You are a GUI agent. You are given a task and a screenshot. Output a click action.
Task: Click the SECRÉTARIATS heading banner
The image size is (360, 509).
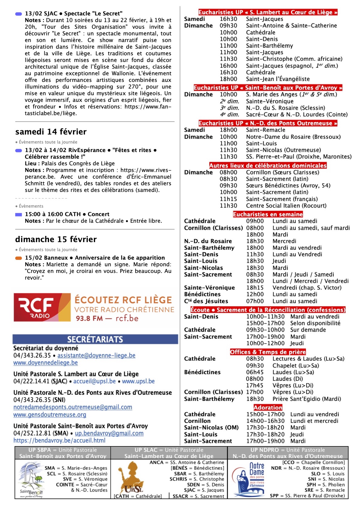click(x=95, y=339)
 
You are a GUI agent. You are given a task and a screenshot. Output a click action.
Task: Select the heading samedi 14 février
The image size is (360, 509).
click(x=51, y=132)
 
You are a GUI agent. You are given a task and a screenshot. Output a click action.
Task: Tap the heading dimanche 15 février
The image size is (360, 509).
click(x=56, y=239)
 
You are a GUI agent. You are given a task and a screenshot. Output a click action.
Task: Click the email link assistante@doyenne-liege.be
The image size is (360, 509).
click(x=97, y=355)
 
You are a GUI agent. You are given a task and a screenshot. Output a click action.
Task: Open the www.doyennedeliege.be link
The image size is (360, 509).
click(x=45, y=363)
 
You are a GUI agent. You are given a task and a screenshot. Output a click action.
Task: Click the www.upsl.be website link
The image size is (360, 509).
click(x=138, y=381)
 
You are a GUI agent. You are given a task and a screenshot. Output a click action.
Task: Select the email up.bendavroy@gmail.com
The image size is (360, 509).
click(x=109, y=433)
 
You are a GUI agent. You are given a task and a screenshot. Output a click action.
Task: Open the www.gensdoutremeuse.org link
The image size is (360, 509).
click(x=50, y=415)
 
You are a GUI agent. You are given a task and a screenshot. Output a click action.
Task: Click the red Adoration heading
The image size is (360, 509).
click(x=268, y=407)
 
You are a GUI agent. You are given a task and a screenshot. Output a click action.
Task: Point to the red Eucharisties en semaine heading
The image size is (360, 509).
click(x=268, y=214)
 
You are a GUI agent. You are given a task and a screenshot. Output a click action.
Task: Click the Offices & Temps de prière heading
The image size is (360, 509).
click(x=268, y=352)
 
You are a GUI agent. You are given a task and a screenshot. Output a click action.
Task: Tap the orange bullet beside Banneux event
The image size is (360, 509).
click(x=18, y=258)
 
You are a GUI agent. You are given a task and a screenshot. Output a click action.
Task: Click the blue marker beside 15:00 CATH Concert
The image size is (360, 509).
click(x=18, y=215)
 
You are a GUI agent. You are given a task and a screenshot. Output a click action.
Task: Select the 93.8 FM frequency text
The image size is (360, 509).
click(x=89, y=318)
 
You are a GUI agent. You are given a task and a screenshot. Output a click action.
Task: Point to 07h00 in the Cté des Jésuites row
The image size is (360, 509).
click(x=255, y=301)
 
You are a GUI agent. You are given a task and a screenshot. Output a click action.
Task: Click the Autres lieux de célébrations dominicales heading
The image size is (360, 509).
click(x=268, y=166)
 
